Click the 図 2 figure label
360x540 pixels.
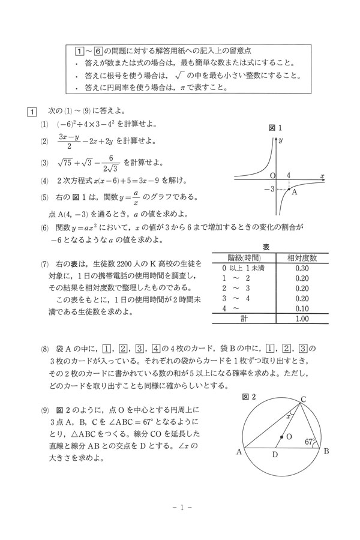point(249,397)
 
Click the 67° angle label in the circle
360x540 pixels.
point(310,442)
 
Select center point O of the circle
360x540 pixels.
point(281,437)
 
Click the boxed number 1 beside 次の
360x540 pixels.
point(31,112)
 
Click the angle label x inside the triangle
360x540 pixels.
point(289,415)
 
